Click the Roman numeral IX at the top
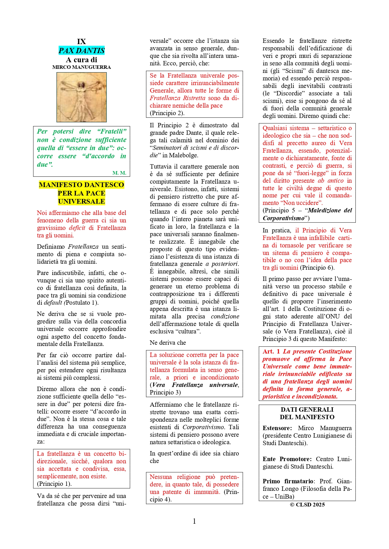pos(81,42)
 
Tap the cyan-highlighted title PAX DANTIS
pos(81,50)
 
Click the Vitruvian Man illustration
pos(81,97)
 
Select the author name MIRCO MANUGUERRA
pos(81,67)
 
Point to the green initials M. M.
pos(119,173)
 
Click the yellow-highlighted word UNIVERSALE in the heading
pos(81,201)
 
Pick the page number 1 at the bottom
pos(194,521)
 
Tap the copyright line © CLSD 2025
pos(307,505)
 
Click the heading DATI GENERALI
pos(307,409)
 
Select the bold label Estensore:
pos(277,428)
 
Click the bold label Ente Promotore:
pos(287,459)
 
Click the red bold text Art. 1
pos(271,351)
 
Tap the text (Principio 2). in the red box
pos(167,113)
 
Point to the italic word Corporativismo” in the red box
pos(284,218)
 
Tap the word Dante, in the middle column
pos(194,133)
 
